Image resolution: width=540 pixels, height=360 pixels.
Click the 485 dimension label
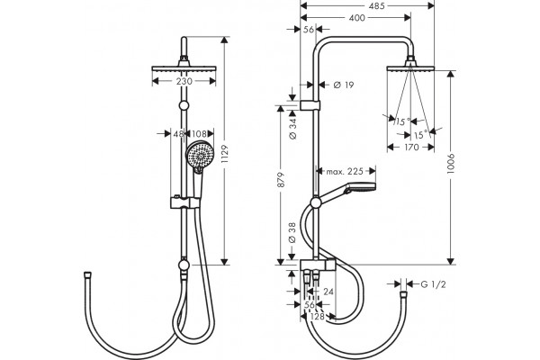(x=376, y=6)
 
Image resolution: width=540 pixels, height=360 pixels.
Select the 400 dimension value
(x=356, y=18)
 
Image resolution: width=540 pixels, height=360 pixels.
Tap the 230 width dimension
(x=184, y=82)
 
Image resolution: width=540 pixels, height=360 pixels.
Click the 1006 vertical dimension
(x=451, y=164)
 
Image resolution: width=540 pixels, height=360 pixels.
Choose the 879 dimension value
(x=281, y=179)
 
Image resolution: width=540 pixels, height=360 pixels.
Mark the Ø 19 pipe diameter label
(x=344, y=85)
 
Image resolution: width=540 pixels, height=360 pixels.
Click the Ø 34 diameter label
(x=292, y=128)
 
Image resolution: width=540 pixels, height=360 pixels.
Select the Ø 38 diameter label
(x=292, y=233)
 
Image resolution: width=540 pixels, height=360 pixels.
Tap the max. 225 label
(x=345, y=171)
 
